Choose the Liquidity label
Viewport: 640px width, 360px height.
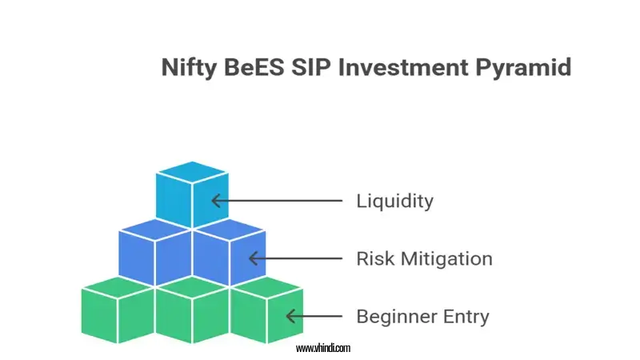(x=394, y=201)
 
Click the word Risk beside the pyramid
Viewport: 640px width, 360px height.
(x=374, y=258)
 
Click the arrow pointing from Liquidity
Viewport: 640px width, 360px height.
(x=277, y=201)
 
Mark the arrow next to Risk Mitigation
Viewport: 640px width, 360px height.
(x=295, y=258)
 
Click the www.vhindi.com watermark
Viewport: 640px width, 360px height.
(x=322, y=348)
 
